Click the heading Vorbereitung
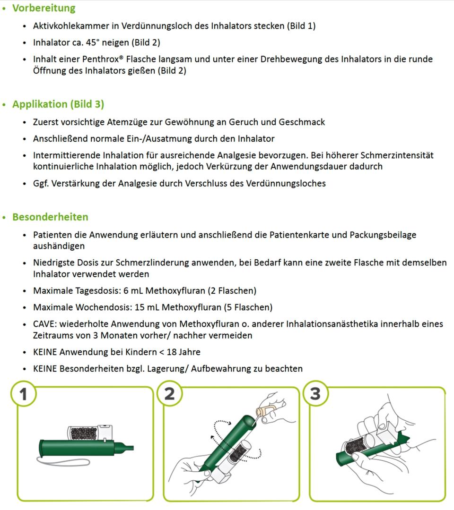(x=44, y=8)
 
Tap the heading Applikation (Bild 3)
(x=58, y=104)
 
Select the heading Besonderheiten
(x=50, y=217)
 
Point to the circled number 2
(x=169, y=393)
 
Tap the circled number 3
(x=315, y=393)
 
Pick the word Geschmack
(x=302, y=122)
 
